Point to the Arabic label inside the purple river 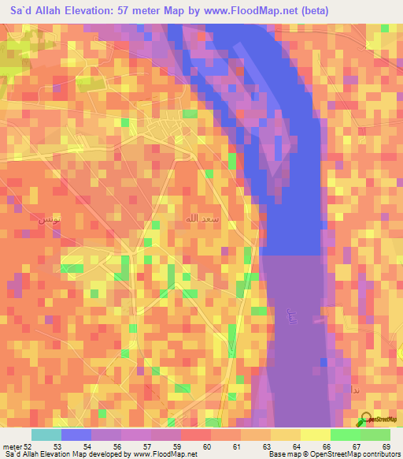[293, 318]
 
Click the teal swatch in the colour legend [46, 435]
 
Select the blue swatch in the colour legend [76, 435]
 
